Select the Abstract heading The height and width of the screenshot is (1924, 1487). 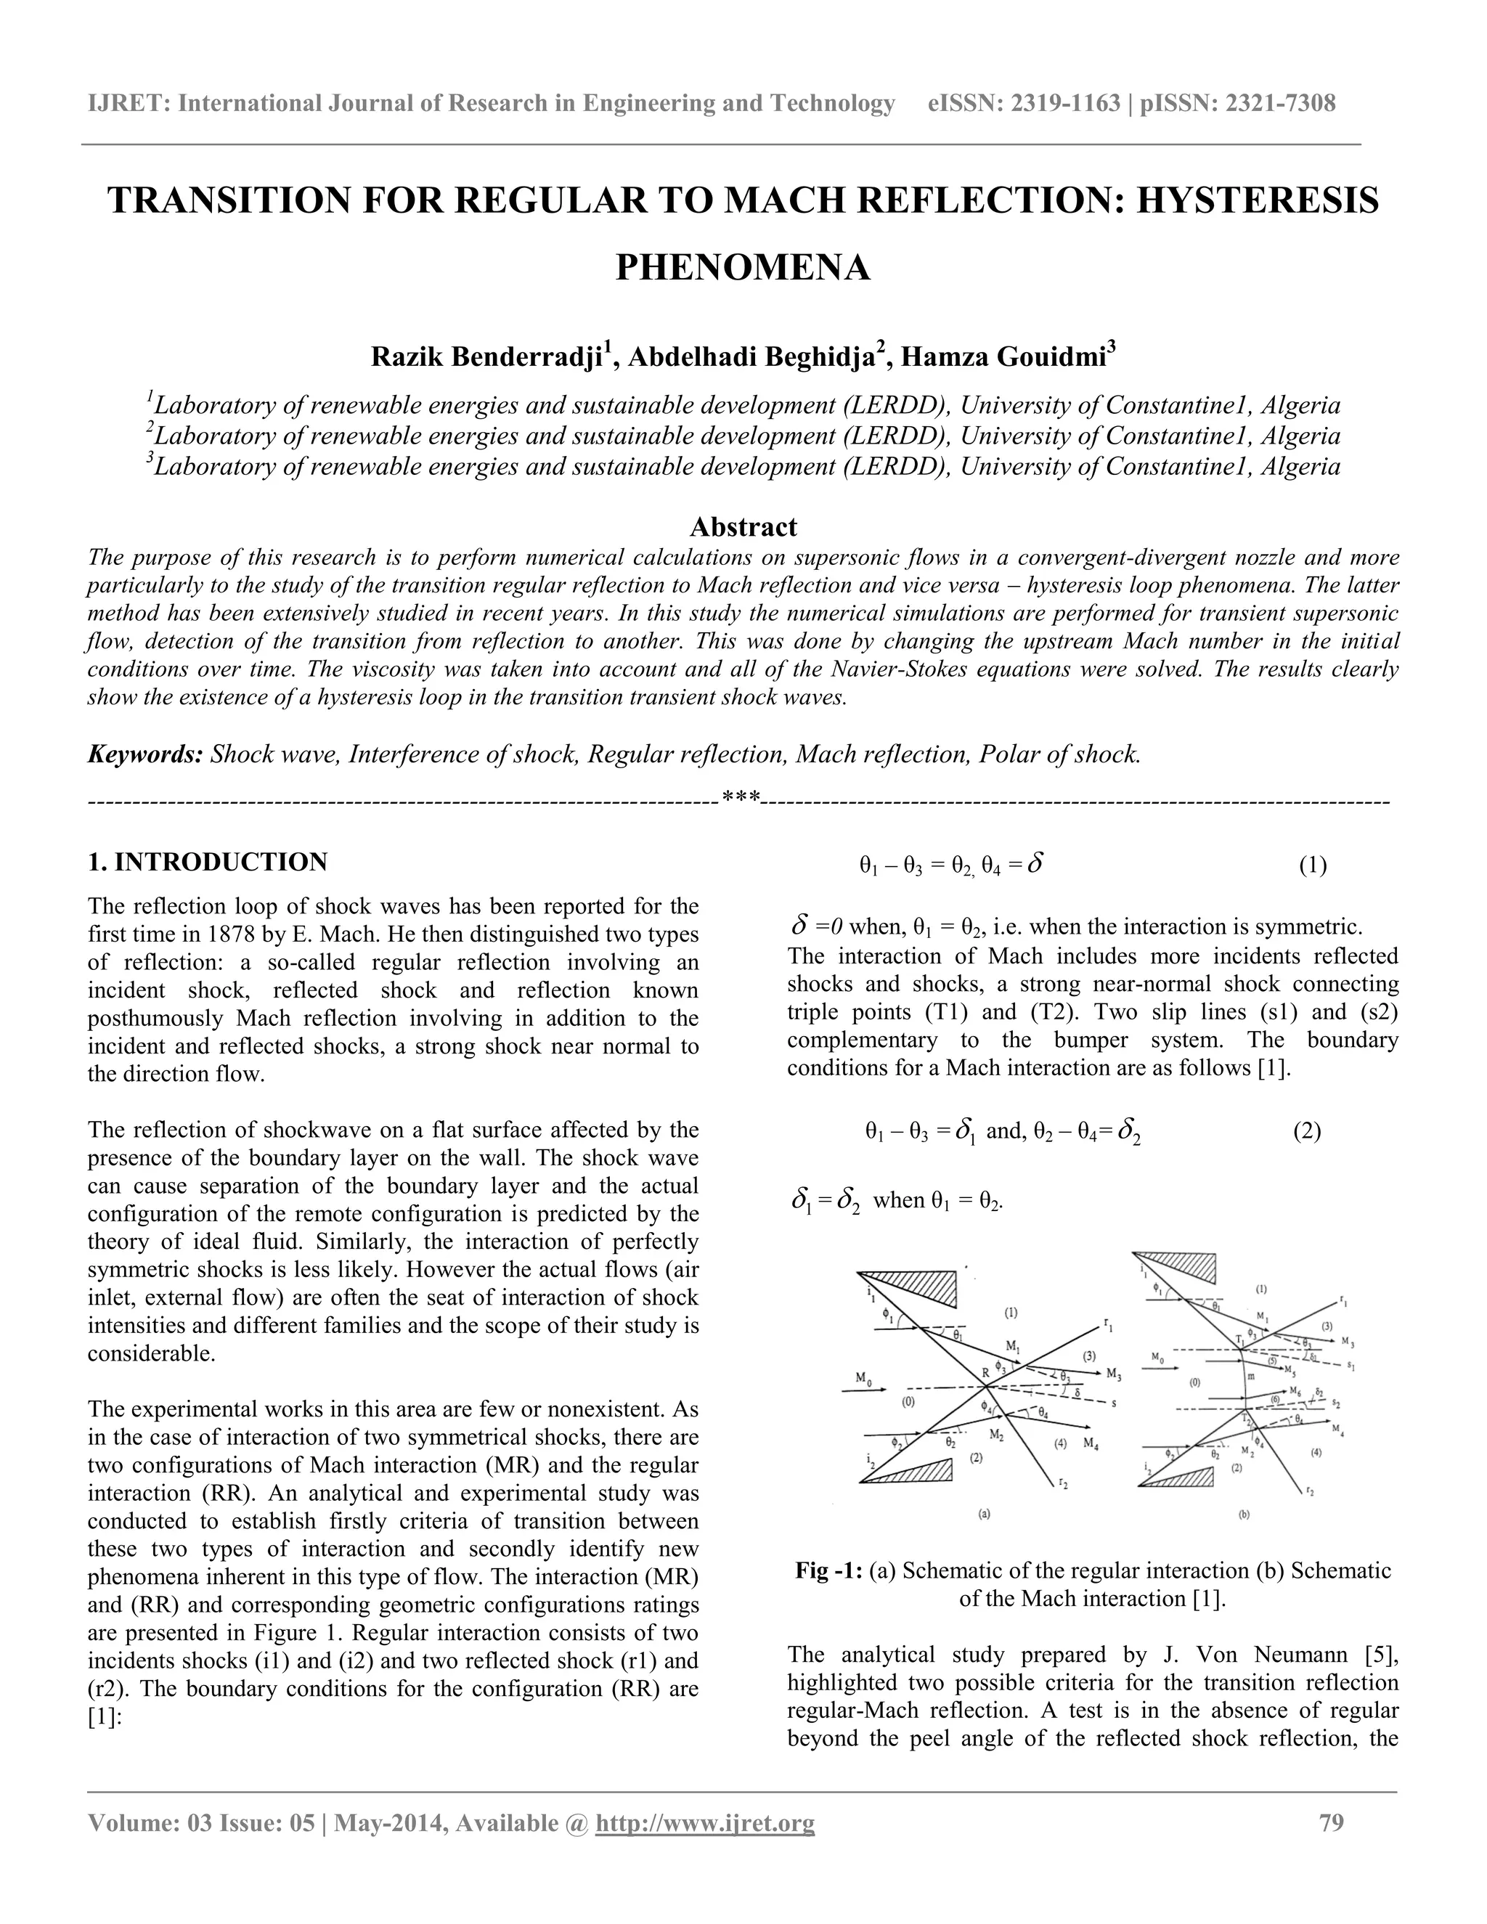coord(743,527)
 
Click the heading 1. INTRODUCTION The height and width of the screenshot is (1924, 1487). coord(208,862)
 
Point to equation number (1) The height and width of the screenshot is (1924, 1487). coord(1313,865)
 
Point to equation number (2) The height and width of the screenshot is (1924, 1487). coord(1306,1131)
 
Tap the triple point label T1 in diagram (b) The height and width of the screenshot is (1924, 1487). coord(1240,1340)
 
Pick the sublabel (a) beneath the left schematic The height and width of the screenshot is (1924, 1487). coord(985,1515)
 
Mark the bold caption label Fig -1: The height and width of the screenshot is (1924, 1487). coord(828,1570)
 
